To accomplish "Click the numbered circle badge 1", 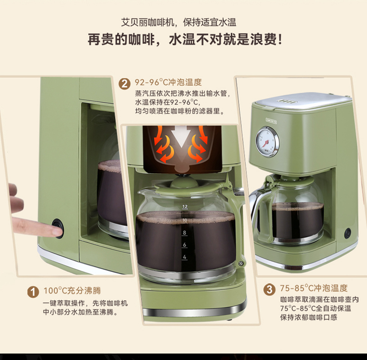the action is point(33,292).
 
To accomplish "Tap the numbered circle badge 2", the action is point(124,83).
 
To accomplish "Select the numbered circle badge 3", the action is point(270,289).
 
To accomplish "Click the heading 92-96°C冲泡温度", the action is point(168,82).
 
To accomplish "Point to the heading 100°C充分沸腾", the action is point(72,290).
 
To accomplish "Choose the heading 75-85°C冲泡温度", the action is point(314,288).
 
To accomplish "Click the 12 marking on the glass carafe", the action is point(185,207).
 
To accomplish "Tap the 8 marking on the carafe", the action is point(184,233).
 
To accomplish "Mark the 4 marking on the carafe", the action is point(184,257).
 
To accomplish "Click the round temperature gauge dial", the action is point(267,142).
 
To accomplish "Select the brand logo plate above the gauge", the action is point(271,121).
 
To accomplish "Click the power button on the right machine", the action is point(347,233).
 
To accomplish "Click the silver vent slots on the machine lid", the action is point(287,101).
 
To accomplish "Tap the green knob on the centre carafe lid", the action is point(183,182).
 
